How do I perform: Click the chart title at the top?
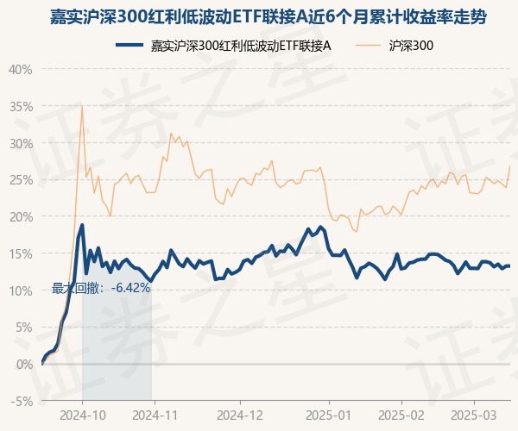(259, 16)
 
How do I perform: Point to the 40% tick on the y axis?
(21, 69)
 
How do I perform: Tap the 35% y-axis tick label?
(21, 106)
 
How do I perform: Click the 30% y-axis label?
(21, 143)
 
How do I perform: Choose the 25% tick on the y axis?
(21, 180)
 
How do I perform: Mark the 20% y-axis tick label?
(21, 216)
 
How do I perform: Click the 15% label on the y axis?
(21, 253)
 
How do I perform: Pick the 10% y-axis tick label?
(21, 290)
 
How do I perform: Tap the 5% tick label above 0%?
(23, 328)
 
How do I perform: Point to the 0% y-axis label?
(23, 365)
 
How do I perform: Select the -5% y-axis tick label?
(22, 402)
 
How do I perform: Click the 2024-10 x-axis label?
(83, 415)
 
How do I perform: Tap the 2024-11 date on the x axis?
(154, 415)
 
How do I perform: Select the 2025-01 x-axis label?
(330, 415)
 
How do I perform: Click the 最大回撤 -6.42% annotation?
(102, 288)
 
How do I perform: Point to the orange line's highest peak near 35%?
(82, 107)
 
